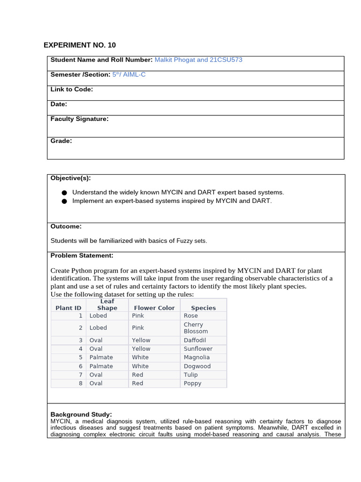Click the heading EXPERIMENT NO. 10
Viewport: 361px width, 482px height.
point(79,45)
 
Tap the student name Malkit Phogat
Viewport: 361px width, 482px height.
point(174,60)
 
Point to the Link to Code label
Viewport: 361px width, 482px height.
point(71,89)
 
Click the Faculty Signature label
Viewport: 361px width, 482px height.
point(79,119)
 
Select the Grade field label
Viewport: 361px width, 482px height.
point(61,141)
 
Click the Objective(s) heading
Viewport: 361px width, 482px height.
point(71,178)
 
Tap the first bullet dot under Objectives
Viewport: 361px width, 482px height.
point(64,193)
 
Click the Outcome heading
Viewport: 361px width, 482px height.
point(66,226)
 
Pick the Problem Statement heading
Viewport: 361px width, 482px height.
point(82,256)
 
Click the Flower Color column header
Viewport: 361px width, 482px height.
point(154,308)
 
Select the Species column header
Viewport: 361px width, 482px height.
point(203,308)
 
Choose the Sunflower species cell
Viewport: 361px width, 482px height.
point(198,349)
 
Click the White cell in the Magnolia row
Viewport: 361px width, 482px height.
point(140,357)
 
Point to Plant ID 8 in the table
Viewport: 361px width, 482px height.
point(80,383)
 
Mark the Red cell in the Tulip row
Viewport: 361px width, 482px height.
point(138,375)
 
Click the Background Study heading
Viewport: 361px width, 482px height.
point(81,414)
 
